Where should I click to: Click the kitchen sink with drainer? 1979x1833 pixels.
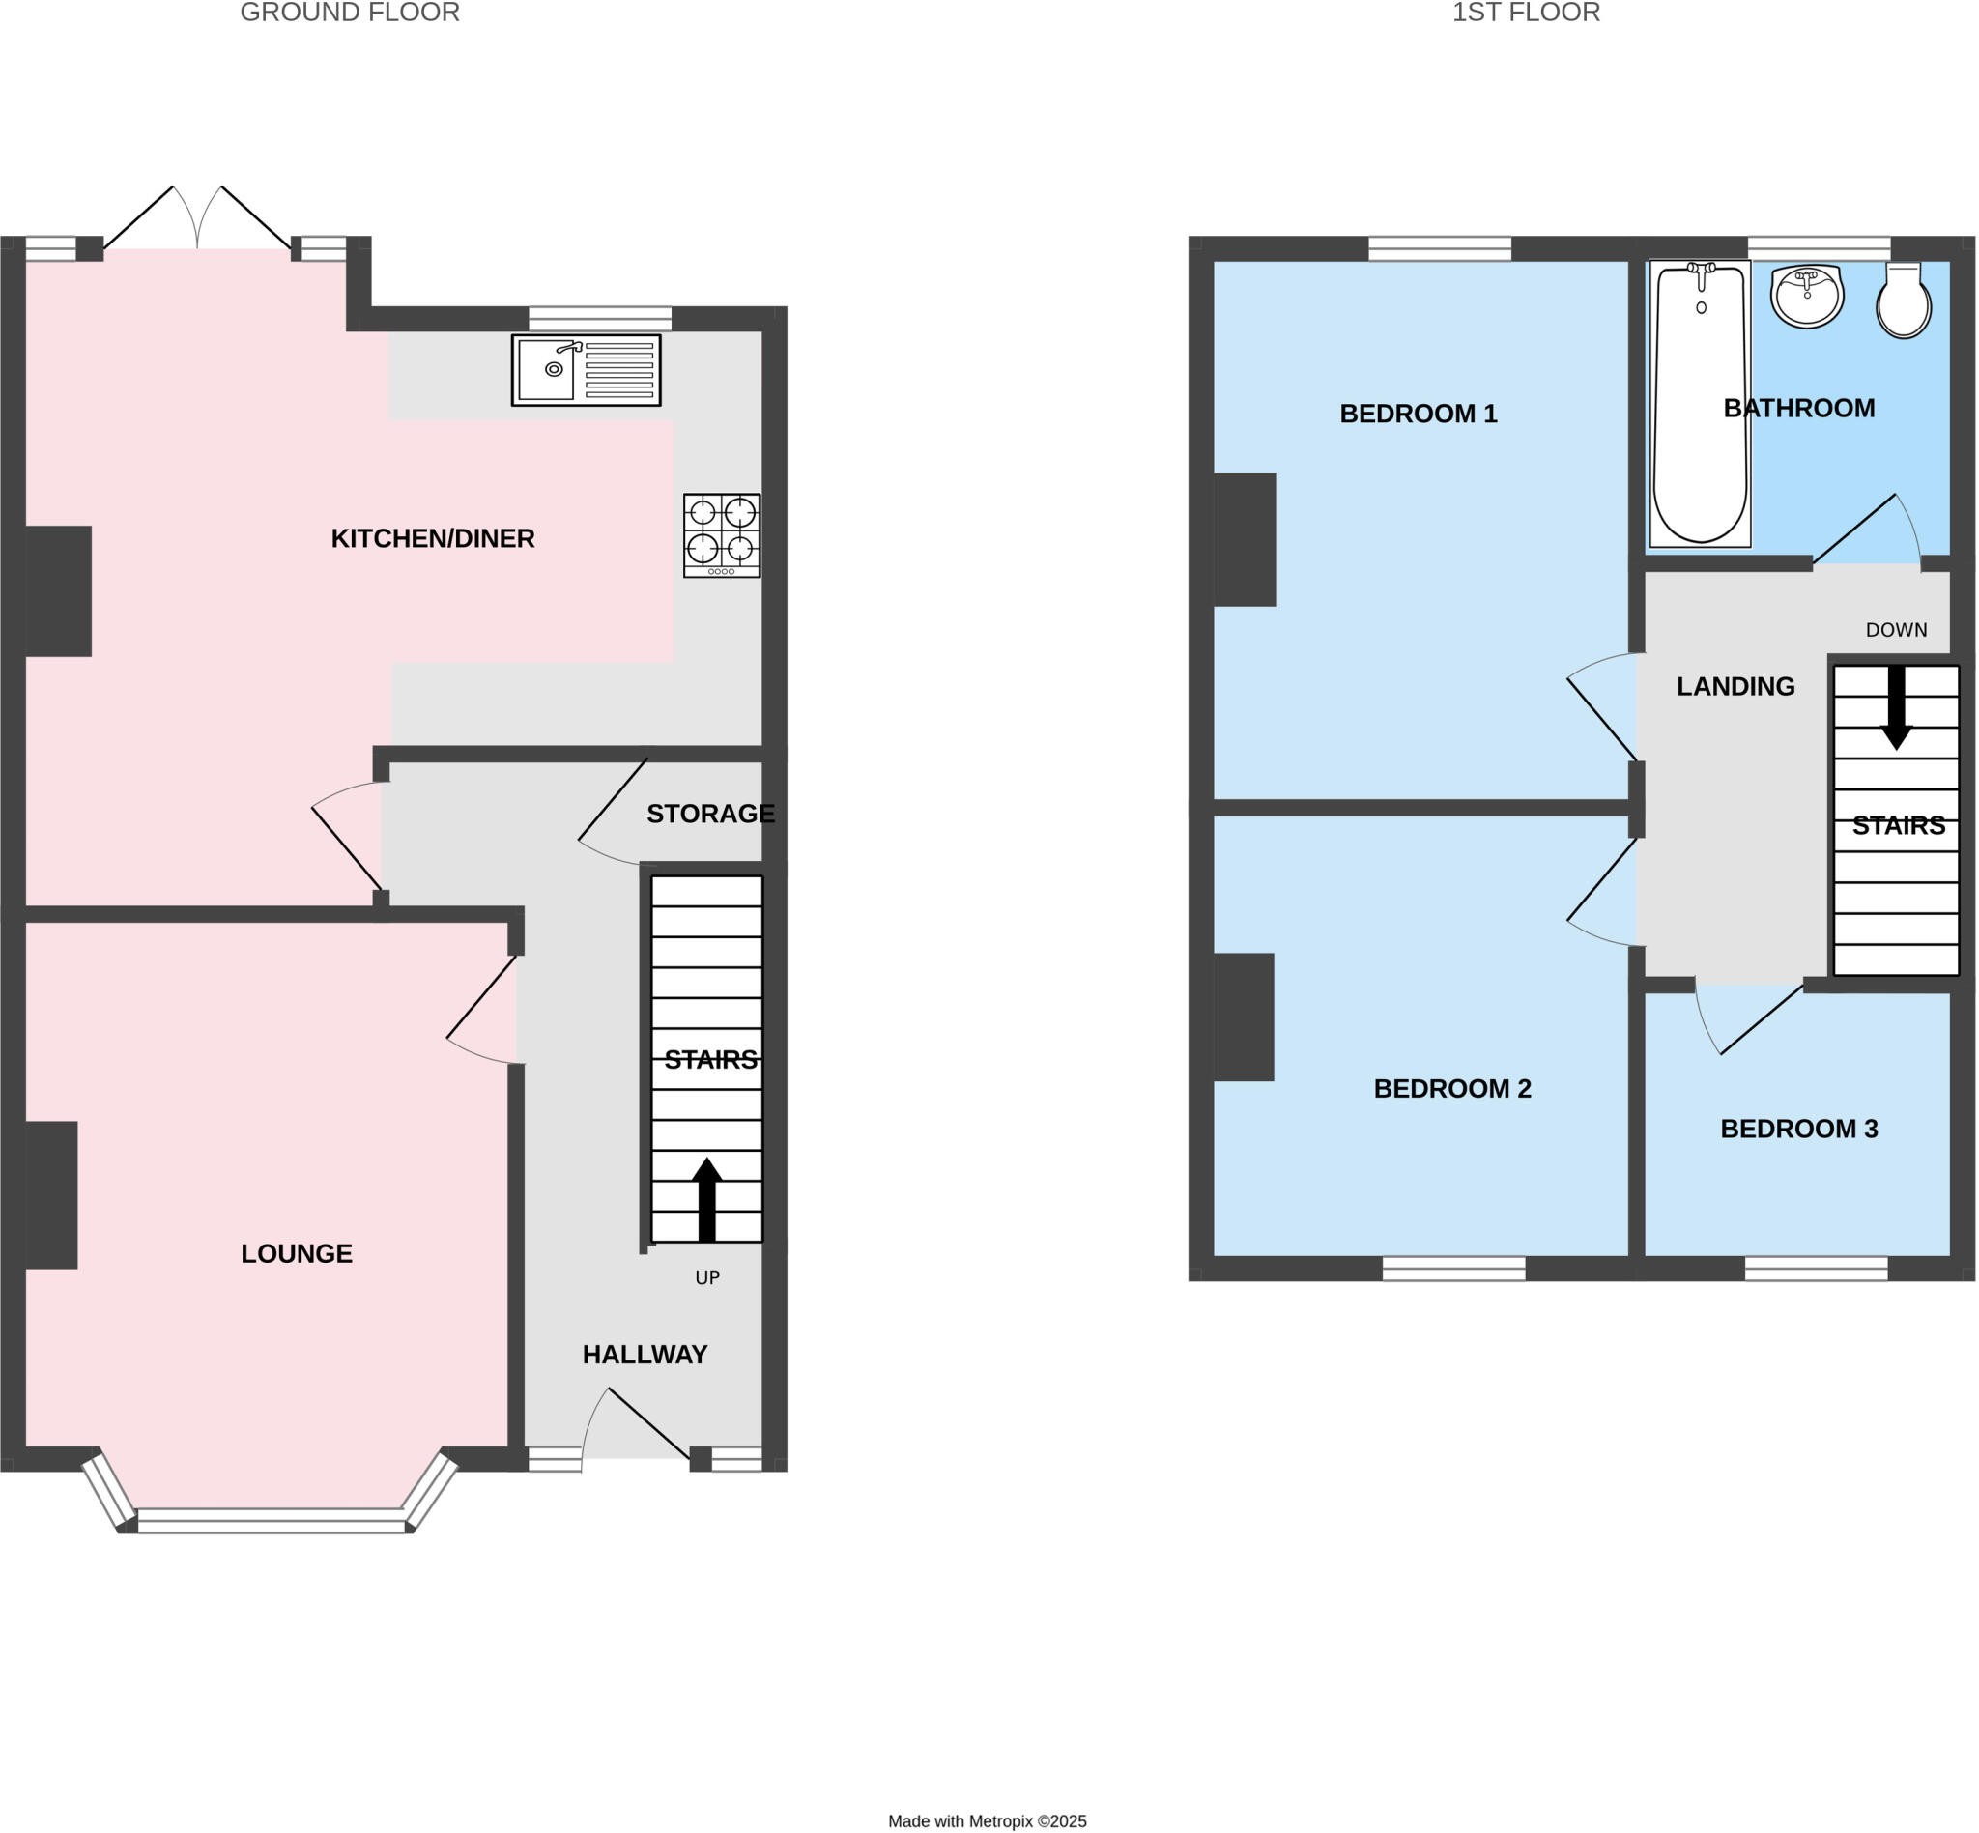click(586, 370)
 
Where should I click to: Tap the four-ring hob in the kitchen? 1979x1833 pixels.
click(721, 534)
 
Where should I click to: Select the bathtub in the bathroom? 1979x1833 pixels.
click(1701, 403)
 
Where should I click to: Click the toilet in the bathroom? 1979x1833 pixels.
click(1903, 302)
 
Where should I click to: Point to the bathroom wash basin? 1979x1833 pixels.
click(1806, 295)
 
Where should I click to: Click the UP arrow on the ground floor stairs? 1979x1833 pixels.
click(706, 1198)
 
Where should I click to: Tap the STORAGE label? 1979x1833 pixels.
click(710, 814)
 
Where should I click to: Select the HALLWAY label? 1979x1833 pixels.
click(645, 1354)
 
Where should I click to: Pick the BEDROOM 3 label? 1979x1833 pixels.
click(1798, 1128)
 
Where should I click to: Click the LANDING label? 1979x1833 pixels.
click(1735, 686)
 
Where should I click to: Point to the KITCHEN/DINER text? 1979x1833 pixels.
click(433, 537)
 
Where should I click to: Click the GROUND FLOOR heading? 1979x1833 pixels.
click(349, 13)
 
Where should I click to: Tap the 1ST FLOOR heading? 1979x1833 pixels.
click(1526, 13)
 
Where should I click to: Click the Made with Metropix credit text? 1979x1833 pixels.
click(987, 1821)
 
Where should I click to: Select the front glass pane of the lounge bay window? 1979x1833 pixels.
click(271, 1521)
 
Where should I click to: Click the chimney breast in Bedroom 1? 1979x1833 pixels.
click(1245, 538)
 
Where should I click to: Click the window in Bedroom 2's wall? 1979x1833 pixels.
click(1453, 1268)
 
